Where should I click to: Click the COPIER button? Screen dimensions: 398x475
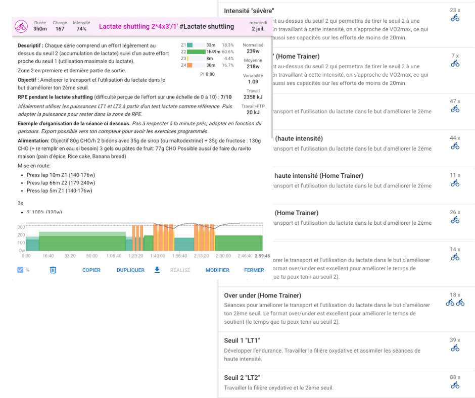tap(91, 270)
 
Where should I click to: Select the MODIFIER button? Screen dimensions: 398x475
tap(217, 270)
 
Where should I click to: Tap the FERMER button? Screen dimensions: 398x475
tap(254, 270)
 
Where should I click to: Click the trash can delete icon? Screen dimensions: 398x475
tap(53, 270)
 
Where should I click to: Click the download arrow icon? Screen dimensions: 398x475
tap(157, 270)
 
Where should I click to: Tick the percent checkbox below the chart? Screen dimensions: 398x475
tap(20, 270)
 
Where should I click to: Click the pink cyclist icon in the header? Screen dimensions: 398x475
tap(21, 26)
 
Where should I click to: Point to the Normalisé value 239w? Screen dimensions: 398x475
tap(253, 51)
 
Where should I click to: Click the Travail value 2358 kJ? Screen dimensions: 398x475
tap(253, 97)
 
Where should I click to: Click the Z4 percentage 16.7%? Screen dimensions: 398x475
tap(228, 65)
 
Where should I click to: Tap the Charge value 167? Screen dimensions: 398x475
tap(60, 29)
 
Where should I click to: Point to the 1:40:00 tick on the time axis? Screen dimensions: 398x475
tap(158, 256)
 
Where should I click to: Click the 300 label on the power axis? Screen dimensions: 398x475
tap(21, 227)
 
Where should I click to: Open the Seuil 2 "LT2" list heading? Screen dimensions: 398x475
tap(242, 378)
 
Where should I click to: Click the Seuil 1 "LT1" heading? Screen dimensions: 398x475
tap(242, 340)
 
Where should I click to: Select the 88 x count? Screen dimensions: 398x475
tap(455, 377)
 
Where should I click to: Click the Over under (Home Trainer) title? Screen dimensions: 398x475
tap(262, 295)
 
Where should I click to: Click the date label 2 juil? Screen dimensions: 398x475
tap(258, 29)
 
